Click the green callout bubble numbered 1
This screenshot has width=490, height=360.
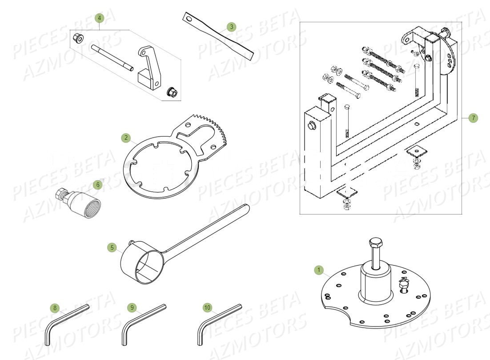318,270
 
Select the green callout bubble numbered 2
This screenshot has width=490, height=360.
126,138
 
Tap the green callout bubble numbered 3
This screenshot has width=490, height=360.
230,27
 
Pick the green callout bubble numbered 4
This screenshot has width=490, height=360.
100,18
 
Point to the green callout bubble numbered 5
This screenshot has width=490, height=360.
112,247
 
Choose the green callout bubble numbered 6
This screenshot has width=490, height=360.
98,184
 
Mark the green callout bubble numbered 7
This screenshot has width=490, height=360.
473,118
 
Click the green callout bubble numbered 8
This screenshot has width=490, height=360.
55,307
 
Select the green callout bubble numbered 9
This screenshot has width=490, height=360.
131,307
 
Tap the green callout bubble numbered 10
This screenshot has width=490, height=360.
207,307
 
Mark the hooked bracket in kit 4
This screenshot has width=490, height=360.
149,67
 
